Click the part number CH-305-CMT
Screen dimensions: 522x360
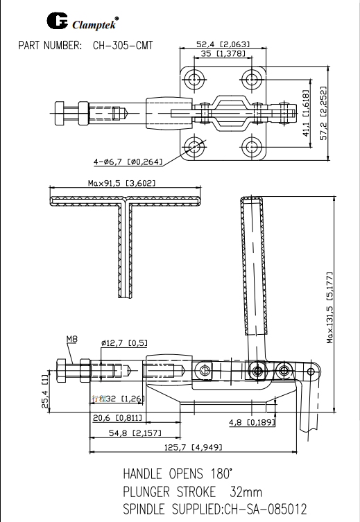pyautogui.click(x=123, y=46)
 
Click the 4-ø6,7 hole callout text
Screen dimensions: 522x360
pyautogui.click(x=128, y=162)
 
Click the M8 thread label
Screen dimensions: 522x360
pyautogui.click(x=72, y=339)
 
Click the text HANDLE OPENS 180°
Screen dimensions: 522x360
pyautogui.click(x=178, y=475)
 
